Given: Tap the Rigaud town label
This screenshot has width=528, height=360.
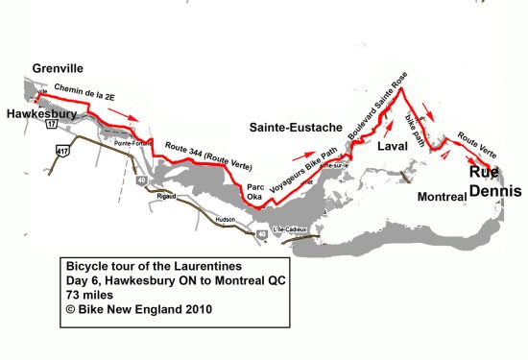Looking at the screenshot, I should pyautogui.click(x=156, y=199).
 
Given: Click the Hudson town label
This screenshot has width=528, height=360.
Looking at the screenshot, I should pyautogui.click(x=223, y=218).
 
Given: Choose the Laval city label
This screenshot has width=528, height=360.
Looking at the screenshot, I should pyautogui.click(x=392, y=150).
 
